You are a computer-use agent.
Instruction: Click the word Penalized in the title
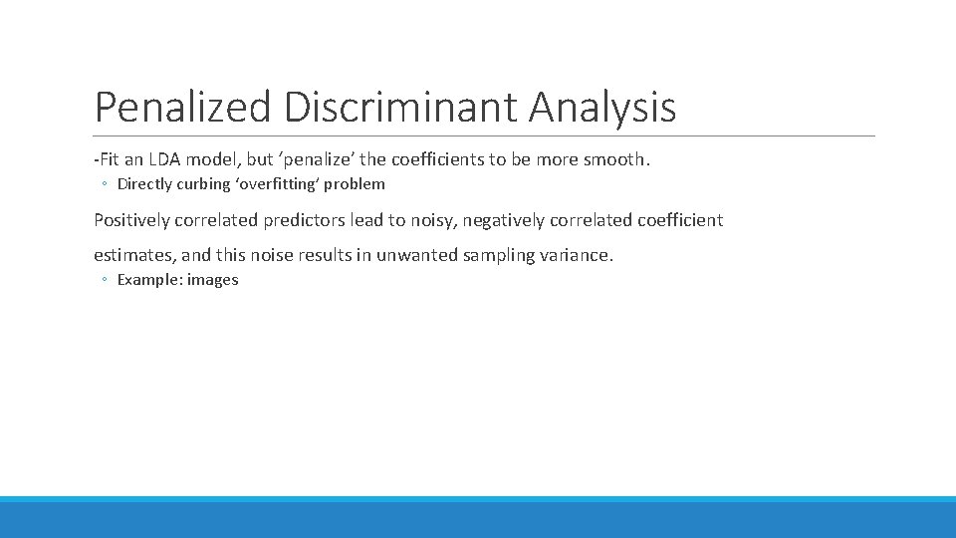[182, 108]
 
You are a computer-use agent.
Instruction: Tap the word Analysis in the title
[603, 108]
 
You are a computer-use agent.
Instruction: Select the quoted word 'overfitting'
[274, 184]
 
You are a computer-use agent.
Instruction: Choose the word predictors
[304, 220]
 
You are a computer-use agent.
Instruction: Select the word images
[212, 280]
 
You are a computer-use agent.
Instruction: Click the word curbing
[203, 184]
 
